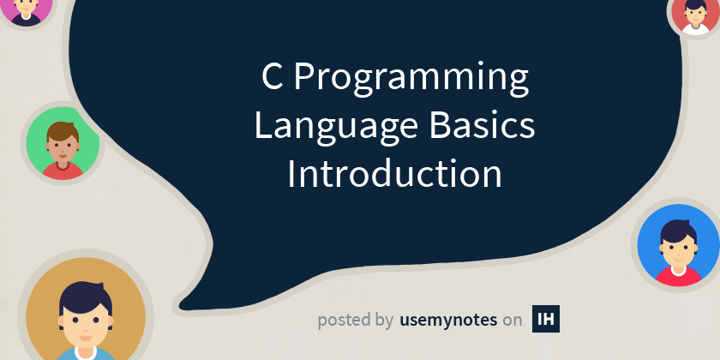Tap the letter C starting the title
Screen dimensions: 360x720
coord(272,79)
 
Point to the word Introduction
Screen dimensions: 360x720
coord(394,174)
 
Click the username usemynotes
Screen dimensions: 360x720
coord(448,320)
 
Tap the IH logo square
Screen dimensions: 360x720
coord(546,319)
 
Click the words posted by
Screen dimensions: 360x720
coord(355,321)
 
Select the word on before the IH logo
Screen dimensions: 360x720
coord(513,321)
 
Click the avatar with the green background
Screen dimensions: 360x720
coord(63,144)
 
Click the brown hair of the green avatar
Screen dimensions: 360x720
coord(62,129)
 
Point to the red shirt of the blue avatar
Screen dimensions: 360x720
coord(677,276)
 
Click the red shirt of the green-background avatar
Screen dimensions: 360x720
coord(62,171)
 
